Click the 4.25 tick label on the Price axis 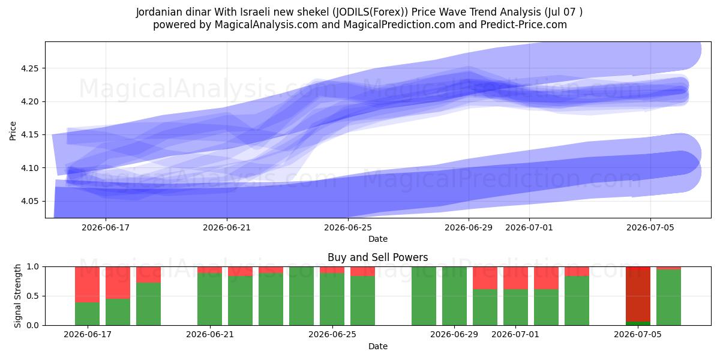(29, 68)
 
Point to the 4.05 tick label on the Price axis (29, 201)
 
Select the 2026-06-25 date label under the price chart (348, 227)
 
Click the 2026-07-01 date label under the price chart (529, 227)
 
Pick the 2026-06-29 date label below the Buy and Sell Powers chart (454, 334)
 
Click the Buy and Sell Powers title (377, 257)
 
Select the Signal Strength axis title (17, 296)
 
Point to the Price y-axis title (13, 131)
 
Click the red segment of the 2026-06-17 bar (87, 284)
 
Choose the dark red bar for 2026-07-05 (638, 294)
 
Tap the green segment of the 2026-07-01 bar (515, 307)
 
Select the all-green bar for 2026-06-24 (301, 296)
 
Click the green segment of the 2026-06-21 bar (209, 299)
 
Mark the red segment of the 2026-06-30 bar (485, 278)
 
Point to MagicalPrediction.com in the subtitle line (399, 25)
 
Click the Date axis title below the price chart (377, 239)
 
